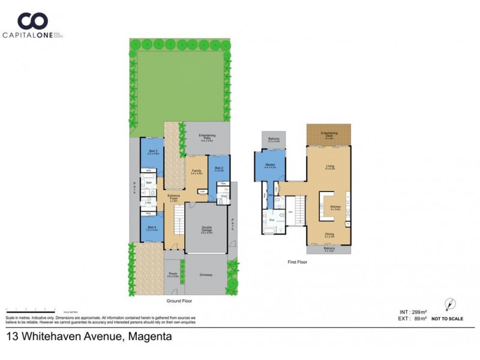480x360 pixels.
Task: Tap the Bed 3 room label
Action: tap(153, 152)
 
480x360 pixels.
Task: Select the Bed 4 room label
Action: tap(152, 228)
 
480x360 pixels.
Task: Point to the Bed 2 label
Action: tap(219, 169)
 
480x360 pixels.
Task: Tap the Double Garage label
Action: tap(207, 228)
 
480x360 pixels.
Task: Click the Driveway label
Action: tap(207, 275)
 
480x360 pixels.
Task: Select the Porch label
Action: tap(173, 275)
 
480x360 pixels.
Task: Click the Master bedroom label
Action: tap(270, 165)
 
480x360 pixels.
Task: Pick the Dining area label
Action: tap(329, 235)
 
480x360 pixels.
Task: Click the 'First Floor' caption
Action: tap(298, 262)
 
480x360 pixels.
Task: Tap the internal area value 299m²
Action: tap(418, 312)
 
